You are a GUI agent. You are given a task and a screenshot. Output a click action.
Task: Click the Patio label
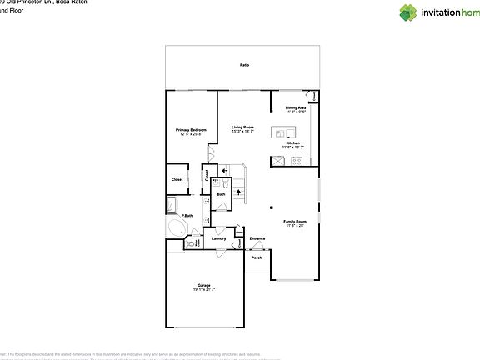[x=245, y=65]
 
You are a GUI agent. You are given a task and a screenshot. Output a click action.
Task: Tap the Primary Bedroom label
[x=191, y=131]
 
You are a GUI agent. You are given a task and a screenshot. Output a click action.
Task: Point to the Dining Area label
[x=296, y=108]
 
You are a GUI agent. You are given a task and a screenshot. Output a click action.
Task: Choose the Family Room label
[x=296, y=222]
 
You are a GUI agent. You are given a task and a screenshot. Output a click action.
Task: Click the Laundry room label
[x=218, y=239]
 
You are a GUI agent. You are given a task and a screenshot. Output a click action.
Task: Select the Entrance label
[x=257, y=239]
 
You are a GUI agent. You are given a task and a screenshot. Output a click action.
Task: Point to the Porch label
[x=257, y=257]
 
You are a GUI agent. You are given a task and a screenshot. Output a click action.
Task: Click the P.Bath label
[x=188, y=216]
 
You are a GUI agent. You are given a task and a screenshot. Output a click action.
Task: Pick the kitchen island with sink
[x=283, y=132]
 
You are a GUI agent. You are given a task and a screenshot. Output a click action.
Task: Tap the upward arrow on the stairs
[x=238, y=192]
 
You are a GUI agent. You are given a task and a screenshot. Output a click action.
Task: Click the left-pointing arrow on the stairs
[x=223, y=169]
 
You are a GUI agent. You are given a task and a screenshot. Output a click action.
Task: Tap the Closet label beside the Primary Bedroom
[x=177, y=179]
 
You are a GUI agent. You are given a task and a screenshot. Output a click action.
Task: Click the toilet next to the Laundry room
[x=191, y=244]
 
